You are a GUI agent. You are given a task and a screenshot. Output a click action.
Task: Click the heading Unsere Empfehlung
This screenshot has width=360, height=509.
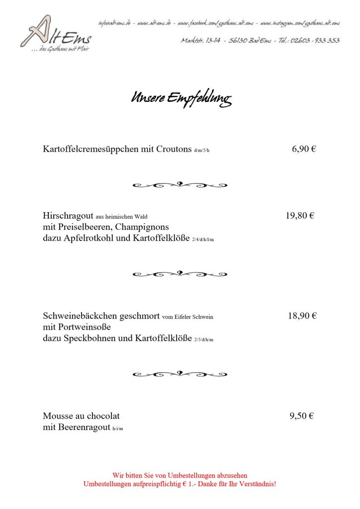pos(180,97)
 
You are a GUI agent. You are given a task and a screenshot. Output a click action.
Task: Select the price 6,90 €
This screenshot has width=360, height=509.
pos(304,149)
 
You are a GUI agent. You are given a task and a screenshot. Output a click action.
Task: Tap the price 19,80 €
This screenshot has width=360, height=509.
pos(300,216)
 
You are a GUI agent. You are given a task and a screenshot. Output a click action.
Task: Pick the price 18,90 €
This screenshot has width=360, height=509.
pos(302,316)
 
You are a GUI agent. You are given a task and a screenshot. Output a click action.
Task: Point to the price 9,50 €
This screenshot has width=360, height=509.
pos(301,416)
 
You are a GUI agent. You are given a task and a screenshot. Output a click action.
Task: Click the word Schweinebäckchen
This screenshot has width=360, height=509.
pos(79,316)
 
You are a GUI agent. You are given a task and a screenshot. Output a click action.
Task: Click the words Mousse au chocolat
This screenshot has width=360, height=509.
pos(82,416)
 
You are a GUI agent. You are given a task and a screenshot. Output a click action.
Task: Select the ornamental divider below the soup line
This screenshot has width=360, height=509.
pos(180,185)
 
